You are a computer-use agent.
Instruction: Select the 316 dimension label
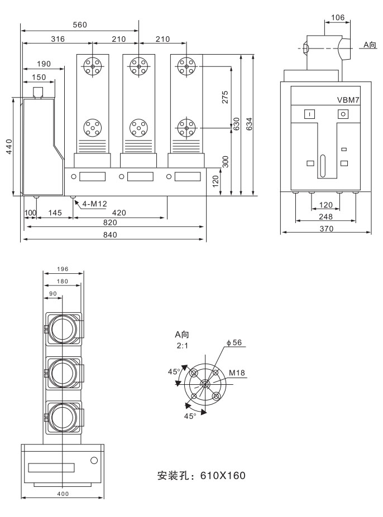(x=58, y=39)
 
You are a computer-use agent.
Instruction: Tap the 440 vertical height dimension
(x=9, y=148)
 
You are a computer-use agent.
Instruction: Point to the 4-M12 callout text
(x=94, y=204)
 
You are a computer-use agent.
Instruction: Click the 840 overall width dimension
(x=110, y=235)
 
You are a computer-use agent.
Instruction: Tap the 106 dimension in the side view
(x=337, y=18)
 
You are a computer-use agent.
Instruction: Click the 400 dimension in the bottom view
(x=62, y=495)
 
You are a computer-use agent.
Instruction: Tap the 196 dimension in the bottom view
(x=63, y=269)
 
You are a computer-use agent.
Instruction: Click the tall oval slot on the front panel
(x=323, y=167)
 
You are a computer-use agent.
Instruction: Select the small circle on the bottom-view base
(x=94, y=460)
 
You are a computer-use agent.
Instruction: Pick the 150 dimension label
(x=39, y=77)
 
